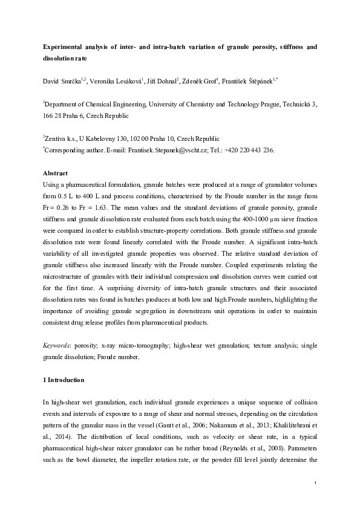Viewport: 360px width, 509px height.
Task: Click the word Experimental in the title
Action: coord(63,46)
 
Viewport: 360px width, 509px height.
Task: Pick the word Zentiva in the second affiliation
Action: coord(58,138)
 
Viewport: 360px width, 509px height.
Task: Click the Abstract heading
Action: coord(55,173)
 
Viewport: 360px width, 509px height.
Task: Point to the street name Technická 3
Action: coord(298,104)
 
